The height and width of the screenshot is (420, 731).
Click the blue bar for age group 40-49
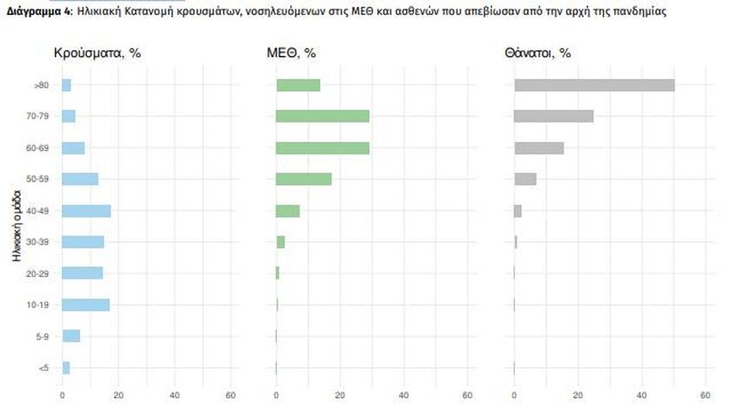click(x=86, y=211)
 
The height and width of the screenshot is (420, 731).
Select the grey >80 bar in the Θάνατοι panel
click(x=594, y=85)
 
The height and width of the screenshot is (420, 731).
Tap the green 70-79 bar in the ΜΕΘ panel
click(x=322, y=117)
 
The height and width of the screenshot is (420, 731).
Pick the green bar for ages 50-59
click(x=304, y=180)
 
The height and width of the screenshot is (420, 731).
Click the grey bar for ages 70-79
click(x=553, y=117)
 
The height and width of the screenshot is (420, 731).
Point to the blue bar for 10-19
click(x=85, y=305)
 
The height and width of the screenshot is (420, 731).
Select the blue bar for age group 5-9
click(x=70, y=336)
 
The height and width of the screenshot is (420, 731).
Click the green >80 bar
click(x=298, y=85)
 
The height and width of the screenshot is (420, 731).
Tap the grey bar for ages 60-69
click(x=539, y=148)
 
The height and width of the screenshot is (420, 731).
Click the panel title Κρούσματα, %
click(x=97, y=53)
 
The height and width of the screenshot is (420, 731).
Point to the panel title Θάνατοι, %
click(x=538, y=53)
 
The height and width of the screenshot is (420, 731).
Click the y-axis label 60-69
click(x=38, y=148)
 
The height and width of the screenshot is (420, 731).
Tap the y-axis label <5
click(x=44, y=368)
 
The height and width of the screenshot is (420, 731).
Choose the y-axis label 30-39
click(x=38, y=242)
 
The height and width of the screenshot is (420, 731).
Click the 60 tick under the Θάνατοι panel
click(x=706, y=396)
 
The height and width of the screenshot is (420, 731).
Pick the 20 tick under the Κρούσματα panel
click(x=118, y=396)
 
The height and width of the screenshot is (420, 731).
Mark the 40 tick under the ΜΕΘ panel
click(x=404, y=396)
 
